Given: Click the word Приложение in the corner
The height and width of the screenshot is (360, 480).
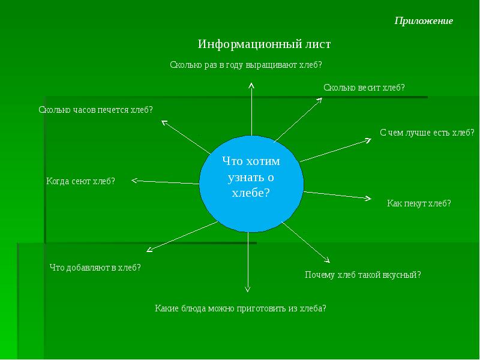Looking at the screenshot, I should click(x=424, y=21).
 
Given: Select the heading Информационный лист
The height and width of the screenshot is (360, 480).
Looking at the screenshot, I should click(x=265, y=44).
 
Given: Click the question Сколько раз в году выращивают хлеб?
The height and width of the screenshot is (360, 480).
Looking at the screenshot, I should click(x=246, y=64).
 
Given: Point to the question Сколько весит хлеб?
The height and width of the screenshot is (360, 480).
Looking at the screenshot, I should click(x=364, y=88).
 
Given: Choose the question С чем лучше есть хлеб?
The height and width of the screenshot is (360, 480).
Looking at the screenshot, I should click(x=427, y=133).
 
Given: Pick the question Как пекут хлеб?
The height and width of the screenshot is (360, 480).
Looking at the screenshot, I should click(x=419, y=203).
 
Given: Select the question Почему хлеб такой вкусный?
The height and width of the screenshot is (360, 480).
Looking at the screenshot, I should click(x=363, y=275).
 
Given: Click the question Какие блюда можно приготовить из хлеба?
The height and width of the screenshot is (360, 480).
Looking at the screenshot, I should click(x=240, y=308).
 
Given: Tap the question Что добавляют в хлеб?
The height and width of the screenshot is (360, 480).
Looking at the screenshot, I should click(x=95, y=268).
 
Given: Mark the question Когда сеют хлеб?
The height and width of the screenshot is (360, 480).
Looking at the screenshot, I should click(x=80, y=181).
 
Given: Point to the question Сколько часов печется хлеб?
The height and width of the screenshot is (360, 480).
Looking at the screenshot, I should click(x=95, y=110).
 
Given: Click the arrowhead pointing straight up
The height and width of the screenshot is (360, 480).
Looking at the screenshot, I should click(x=251, y=85).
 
